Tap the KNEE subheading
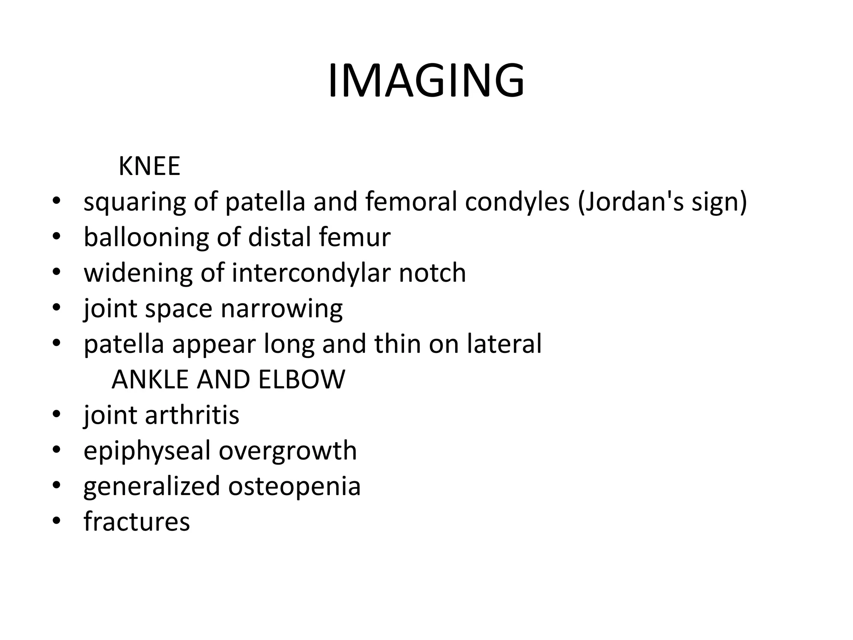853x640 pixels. tap(149, 166)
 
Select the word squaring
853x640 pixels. tap(135, 202)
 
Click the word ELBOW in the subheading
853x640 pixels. tap(301, 380)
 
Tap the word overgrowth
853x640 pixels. tap(288, 451)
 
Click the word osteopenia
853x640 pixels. tap(294, 486)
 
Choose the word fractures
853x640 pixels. tap(137, 522)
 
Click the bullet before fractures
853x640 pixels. tap(57, 521)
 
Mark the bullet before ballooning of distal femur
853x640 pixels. tap(57, 237)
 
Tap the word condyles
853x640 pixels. tap(517, 202)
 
